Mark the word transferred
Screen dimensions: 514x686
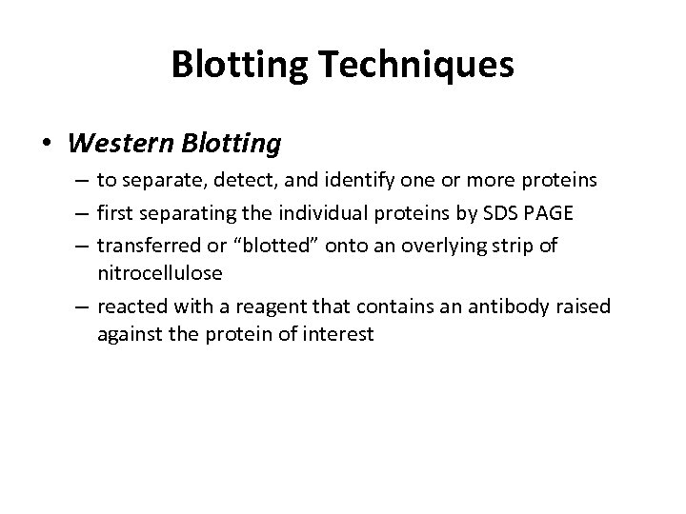coord(143,246)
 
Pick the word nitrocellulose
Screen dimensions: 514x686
coord(159,273)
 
